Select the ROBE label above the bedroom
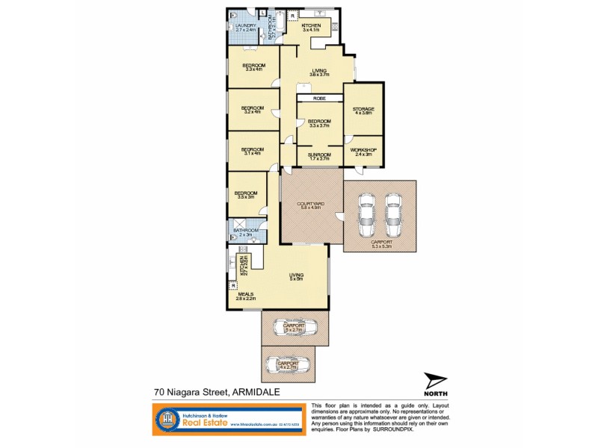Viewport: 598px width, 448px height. pyautogui.click(x=318, y=98)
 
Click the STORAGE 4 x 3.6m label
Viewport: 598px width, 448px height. pyautogui.click(x=364, y=111)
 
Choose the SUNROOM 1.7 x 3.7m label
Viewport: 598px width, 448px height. pyautogui.click(x=319, y=156)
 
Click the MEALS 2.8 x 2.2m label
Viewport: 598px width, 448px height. pyautogui.click(x=246, y=296)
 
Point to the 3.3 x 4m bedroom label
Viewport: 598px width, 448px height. pyautogui.click(x=253, y=67)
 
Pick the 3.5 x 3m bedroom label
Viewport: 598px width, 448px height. pyautogui.click(x=246, y=196)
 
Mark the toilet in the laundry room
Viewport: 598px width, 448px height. pyautogui.click(x=234, y=15)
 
